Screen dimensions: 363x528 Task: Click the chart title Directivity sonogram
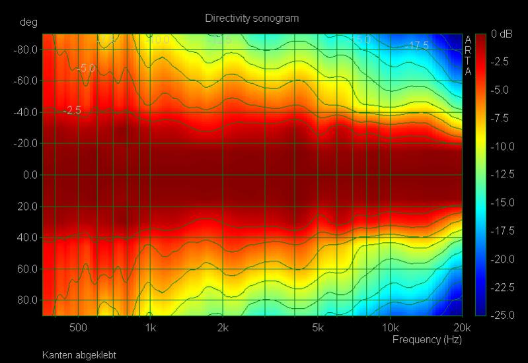[252, 18]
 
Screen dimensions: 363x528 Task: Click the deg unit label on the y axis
[28, 22]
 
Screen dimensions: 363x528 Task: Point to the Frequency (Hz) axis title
[427, 340]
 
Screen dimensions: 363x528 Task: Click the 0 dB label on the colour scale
[502, 34]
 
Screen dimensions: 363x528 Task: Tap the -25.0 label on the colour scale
[501, 315]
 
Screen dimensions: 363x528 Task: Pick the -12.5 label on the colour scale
[501, 174]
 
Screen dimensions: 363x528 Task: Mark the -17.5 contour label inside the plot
[417, 46]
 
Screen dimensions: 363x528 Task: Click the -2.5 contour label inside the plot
[72, 111]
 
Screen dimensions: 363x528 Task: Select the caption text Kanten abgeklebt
[79, 355]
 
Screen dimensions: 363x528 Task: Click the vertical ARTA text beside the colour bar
[468, 55]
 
